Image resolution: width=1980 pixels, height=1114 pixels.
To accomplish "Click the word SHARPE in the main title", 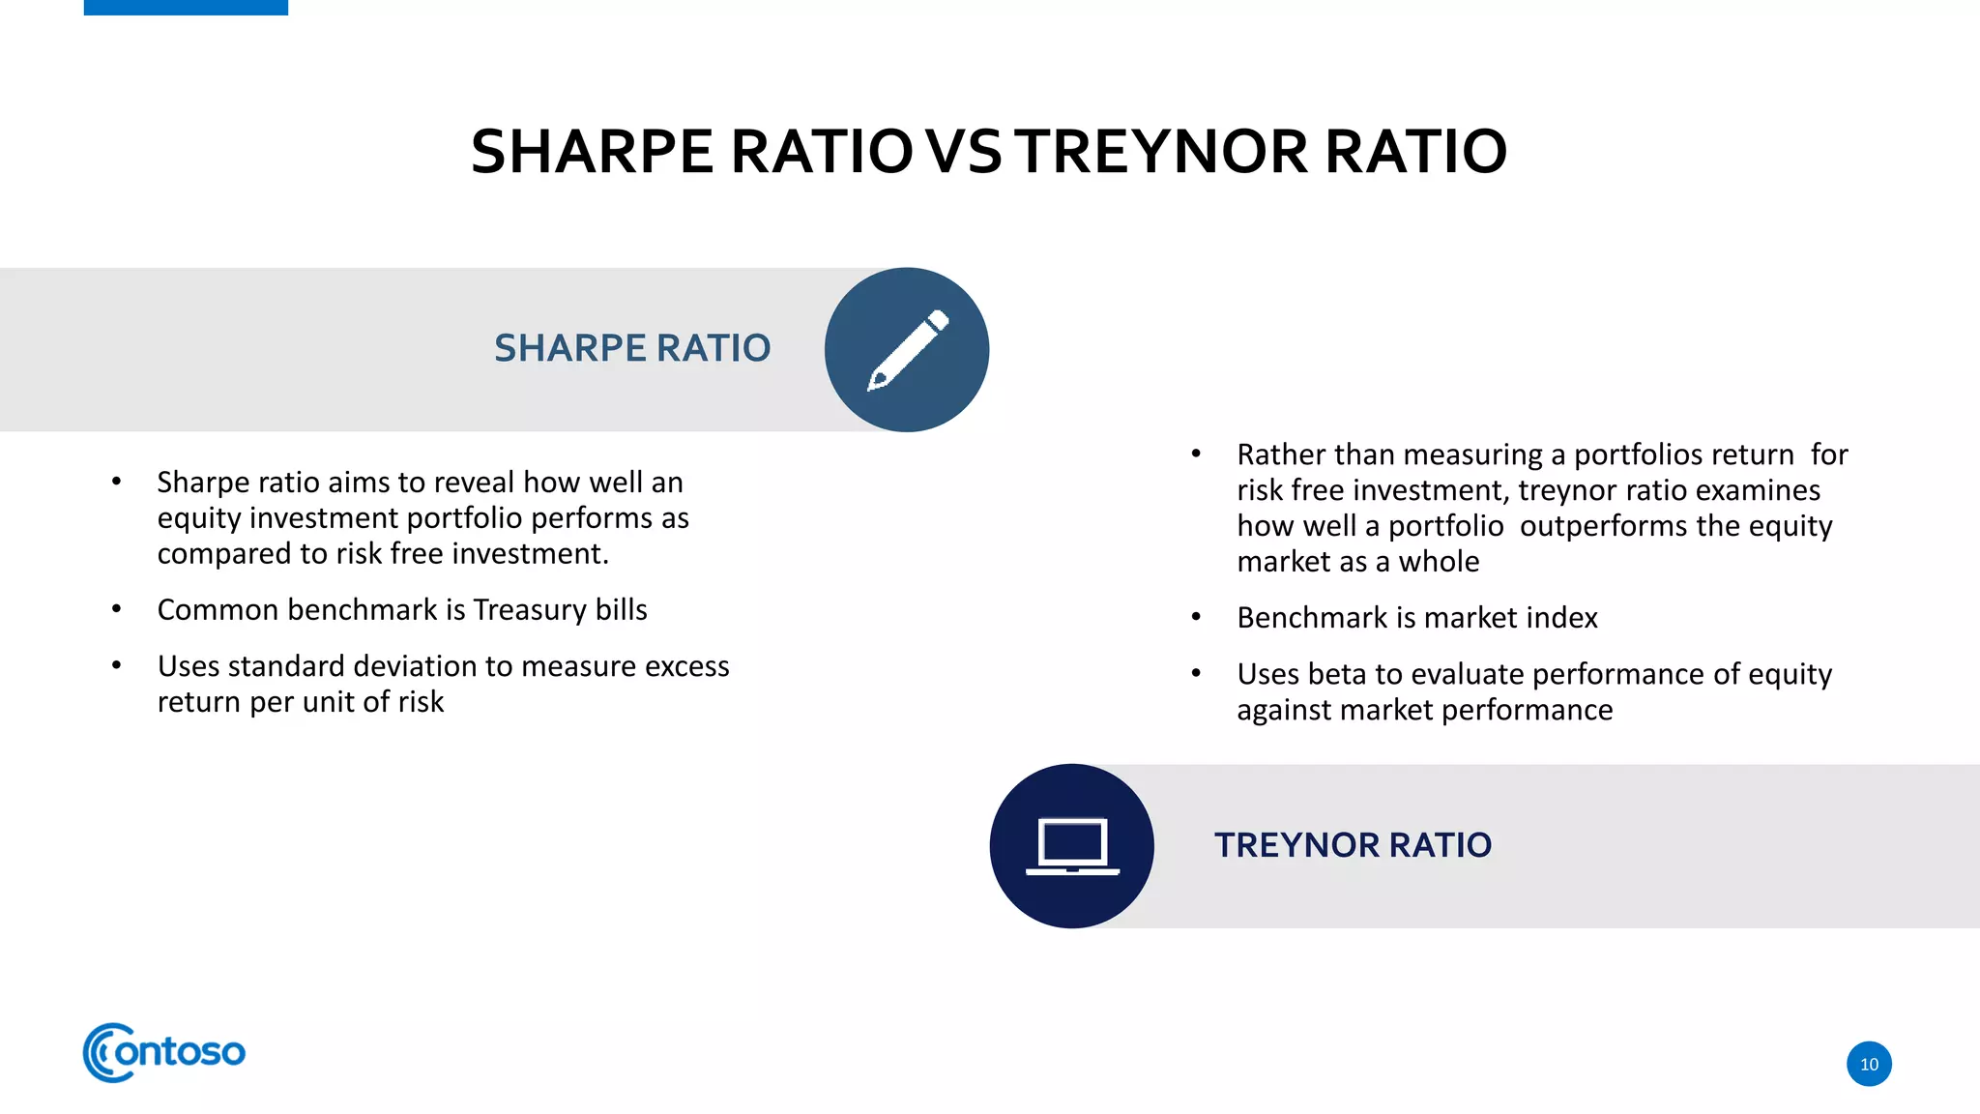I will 592,152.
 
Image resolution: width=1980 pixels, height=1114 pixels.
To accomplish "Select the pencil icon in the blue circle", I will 907,350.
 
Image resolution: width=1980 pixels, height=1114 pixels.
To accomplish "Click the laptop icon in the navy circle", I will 1072,846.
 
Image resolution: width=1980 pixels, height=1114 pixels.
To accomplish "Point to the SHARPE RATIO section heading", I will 632,348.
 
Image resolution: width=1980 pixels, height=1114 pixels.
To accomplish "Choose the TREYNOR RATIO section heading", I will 1353,845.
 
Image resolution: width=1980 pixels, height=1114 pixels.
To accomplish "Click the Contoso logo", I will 164,1052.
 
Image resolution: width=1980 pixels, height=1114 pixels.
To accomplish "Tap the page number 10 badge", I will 1869,1064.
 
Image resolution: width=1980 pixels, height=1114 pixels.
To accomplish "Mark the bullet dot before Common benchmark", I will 116,609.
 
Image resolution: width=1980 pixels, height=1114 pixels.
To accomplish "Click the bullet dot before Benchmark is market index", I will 1196,617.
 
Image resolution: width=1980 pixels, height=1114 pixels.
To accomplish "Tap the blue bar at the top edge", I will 186,8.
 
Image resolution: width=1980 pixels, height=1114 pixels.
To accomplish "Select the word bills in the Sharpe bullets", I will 621,610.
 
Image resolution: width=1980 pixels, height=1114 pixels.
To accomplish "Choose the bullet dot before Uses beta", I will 1196,673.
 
